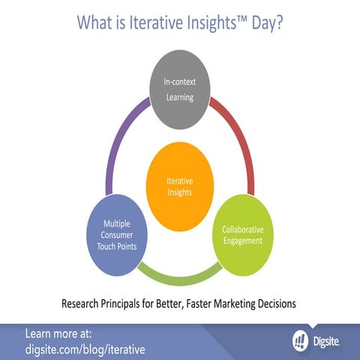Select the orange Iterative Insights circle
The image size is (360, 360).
179,185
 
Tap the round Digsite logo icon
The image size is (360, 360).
300,340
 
